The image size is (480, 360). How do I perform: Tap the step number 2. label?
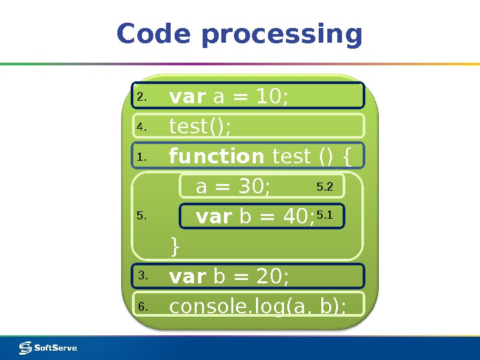pos(141,97)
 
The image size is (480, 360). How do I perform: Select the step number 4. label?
pos(141,126)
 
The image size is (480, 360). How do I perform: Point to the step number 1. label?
pos(141,157)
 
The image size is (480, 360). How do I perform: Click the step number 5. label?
pos(141,216)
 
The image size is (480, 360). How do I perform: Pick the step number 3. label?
pos(142,275)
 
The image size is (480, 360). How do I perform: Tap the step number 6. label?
pos(142,307)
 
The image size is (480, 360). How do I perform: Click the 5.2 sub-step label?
pos(325,187)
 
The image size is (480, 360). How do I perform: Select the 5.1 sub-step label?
pos(325,215)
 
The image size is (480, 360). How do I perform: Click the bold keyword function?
pos(217,156)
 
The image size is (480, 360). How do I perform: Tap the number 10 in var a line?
pos(269,98)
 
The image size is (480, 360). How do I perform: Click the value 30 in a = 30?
pos(253,188)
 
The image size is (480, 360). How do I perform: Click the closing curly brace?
pos(175,246)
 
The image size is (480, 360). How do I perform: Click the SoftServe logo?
pos(48,347)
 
